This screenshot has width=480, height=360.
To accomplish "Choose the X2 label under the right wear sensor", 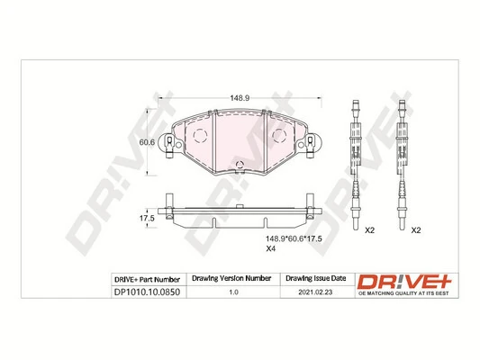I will [416, 230].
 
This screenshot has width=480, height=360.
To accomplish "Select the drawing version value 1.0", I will [233, 292].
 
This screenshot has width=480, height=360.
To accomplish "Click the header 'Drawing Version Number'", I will [233, 279].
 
